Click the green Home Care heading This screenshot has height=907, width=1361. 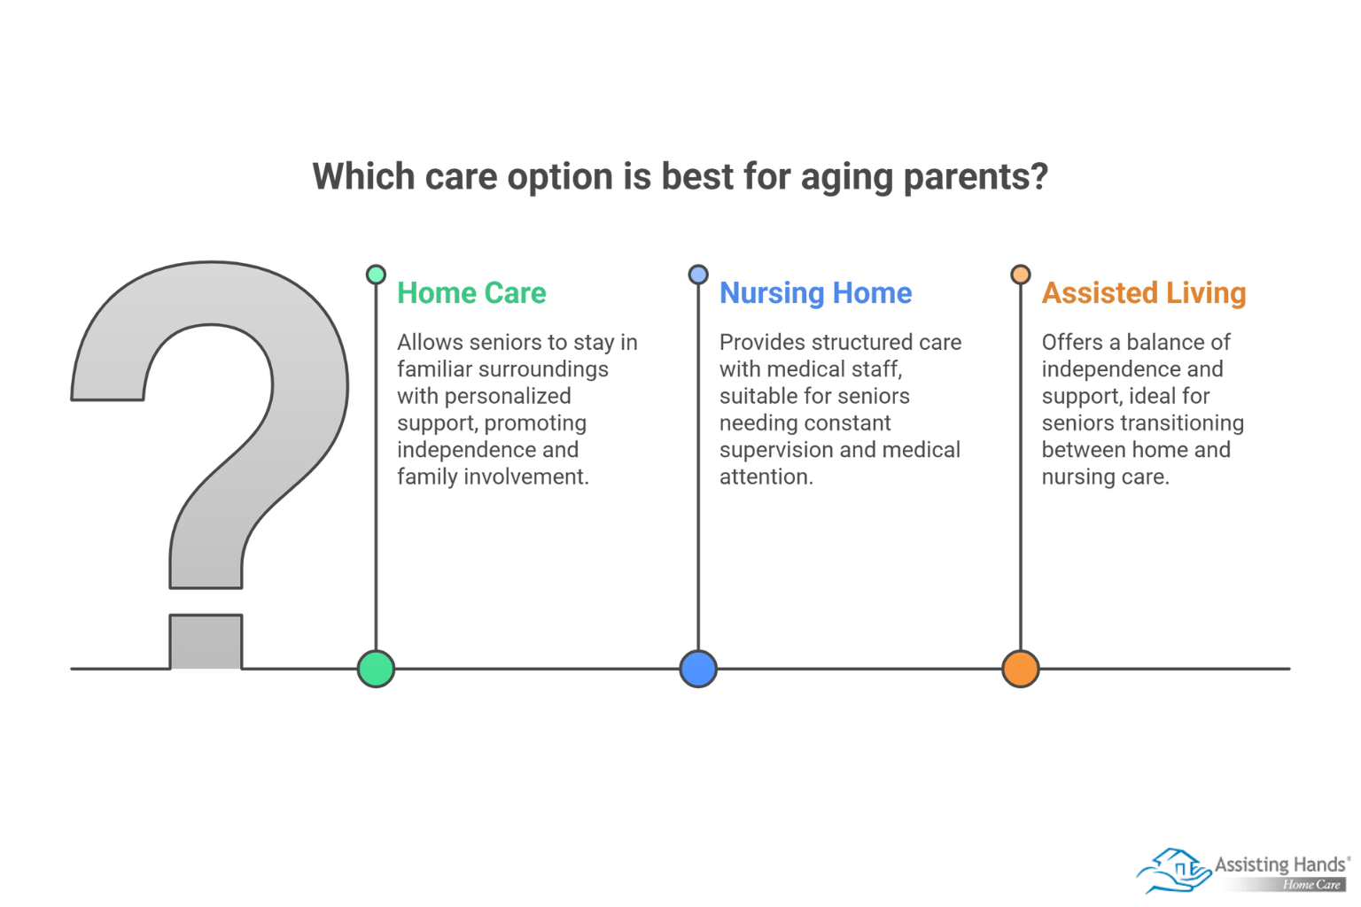(x=471, y=293)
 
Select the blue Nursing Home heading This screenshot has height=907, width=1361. (x=815, y=294)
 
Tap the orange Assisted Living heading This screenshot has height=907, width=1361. (x=1144, y=294)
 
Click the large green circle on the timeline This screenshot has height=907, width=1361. (x=376, y=669)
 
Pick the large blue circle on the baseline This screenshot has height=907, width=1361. (x=698, y=669)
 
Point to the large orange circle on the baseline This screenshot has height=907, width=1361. (x=1021, y=669)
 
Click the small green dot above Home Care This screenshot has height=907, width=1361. (x=376, y=275)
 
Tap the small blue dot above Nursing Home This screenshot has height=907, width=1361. (x=698, y=275)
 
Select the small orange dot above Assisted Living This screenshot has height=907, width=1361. (x=1021, y=275)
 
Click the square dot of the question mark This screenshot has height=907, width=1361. (x=206, y=641)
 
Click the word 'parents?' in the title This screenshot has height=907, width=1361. (x=976, y=177)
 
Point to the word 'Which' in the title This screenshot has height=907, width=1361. (x=363, y=177)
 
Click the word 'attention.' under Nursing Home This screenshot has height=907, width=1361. (x=766, y=477)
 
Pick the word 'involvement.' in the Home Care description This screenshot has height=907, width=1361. (x=526, y=477)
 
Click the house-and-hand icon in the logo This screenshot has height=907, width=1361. (x=1174, y=871)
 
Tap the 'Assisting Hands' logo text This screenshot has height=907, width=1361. (x=1279, y=864)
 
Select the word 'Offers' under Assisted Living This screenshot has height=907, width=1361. (x=1072, y=343)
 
